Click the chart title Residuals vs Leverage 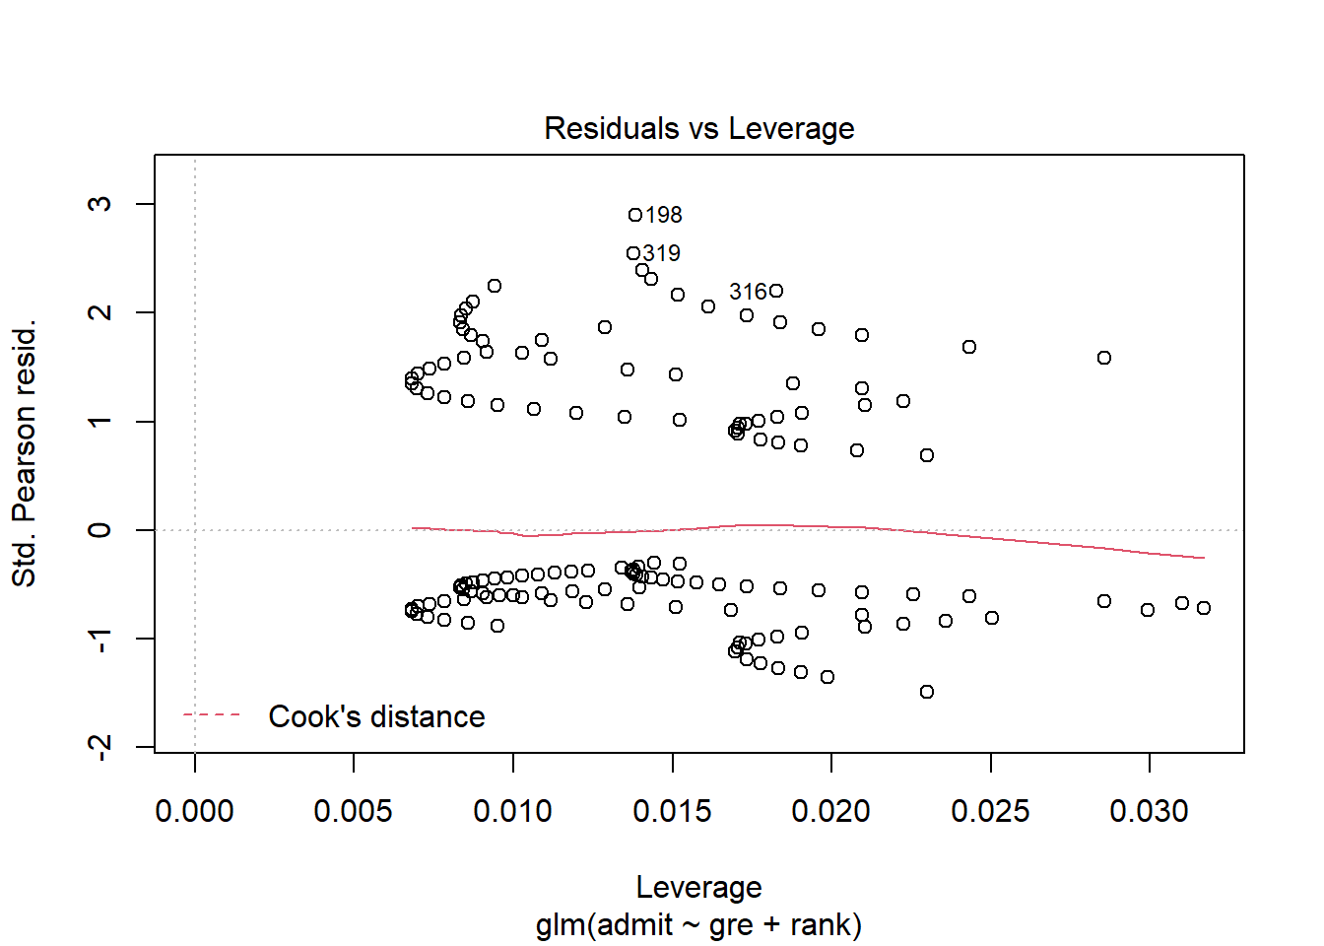[698, 128]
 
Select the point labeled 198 [635, 215]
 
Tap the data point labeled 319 [633, 253]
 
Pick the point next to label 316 [776, 291]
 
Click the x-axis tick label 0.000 [194, 811]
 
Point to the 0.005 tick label [353, 811]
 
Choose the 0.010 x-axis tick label [512, 811]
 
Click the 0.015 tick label [672, 811]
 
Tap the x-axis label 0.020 [830, 811]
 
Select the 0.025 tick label [990, 811]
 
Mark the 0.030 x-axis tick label [1149, 811]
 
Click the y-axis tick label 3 [99, 204]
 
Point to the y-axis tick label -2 [99, 746]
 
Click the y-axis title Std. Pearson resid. [25, 453]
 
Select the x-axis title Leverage [698, 887]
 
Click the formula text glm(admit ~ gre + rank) [698, 925]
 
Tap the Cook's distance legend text [376, 716]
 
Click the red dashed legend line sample [212, 715]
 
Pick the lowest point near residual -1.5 [927, 692]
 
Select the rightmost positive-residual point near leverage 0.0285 [1104, 358]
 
